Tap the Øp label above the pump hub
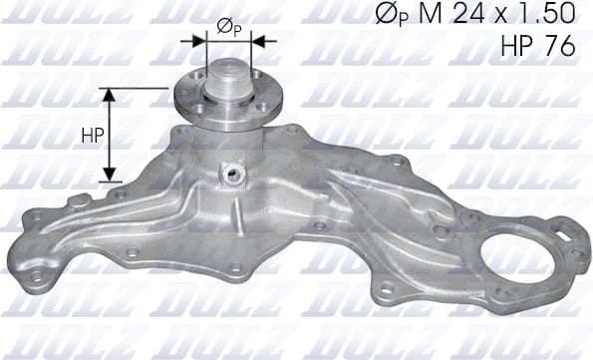(x=227, y=27)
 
